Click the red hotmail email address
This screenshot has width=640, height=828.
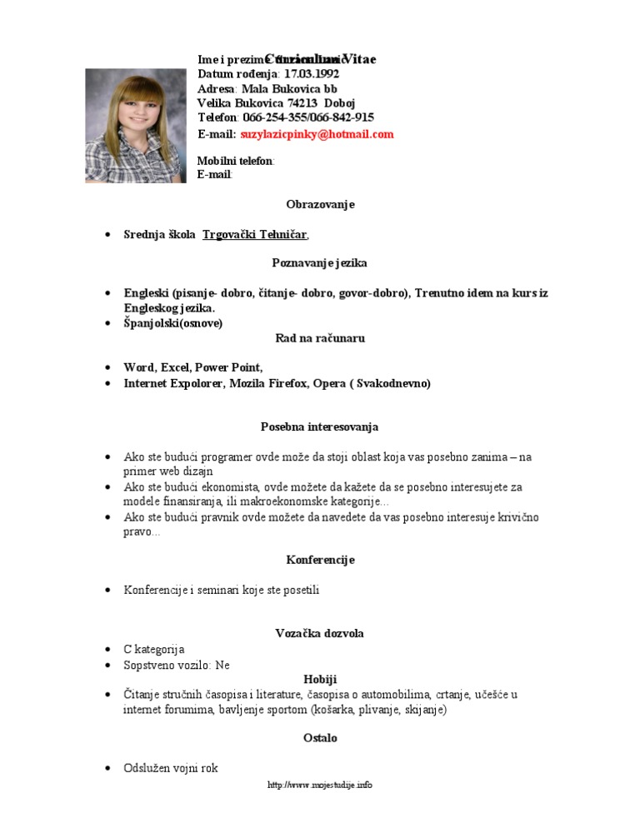tap(317, 134)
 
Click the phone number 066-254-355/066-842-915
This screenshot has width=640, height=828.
tap(308, 117)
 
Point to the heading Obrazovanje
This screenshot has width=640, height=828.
tap(320, 204)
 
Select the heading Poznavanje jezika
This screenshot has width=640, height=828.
tap(320, 263)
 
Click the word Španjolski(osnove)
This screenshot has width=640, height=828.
tap(173, 323)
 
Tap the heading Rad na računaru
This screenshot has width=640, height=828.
tap(320, 338)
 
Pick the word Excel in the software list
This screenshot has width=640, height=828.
tap(175, 367)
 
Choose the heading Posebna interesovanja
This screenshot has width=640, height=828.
tap(320, 426)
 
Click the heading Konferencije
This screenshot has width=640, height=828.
tap(320, 560)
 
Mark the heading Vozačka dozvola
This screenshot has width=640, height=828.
tap(320, 634)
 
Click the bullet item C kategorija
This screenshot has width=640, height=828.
tap(154, 649)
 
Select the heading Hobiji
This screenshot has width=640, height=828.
tap(320, 680)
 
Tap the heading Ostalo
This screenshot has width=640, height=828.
tap(320, 738)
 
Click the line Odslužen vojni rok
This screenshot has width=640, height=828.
tap(171, 768)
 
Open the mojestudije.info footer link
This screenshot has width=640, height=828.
tap(320, 785)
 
